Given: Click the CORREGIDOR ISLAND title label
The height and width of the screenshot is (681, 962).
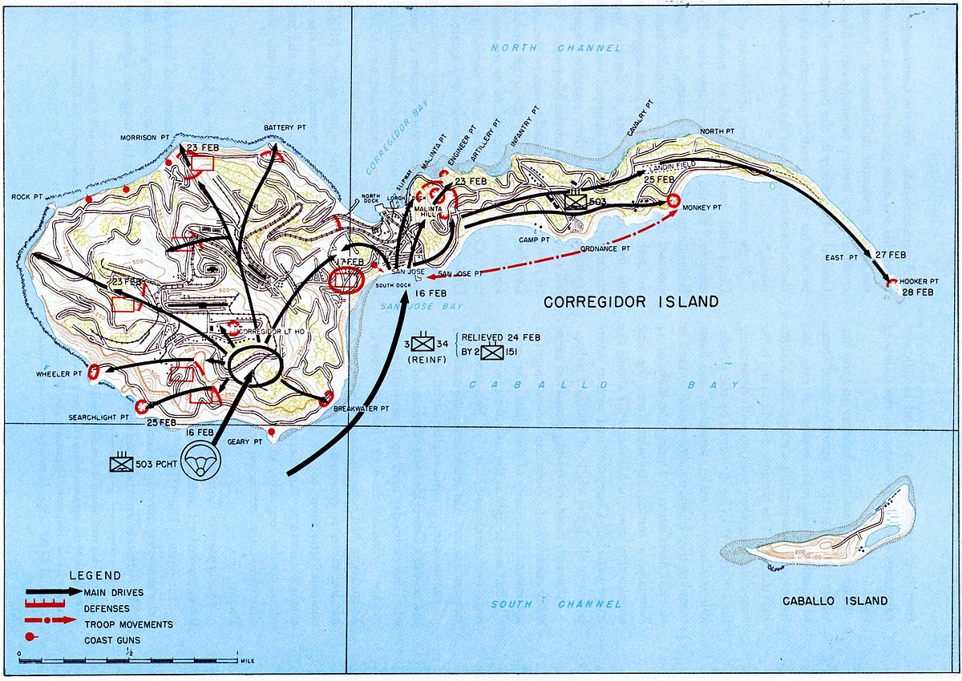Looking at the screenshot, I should [x=631, y=302].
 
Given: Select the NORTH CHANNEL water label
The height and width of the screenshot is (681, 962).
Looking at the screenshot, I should [x=556, y=49].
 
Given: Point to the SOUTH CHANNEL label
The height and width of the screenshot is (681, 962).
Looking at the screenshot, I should [x=556, y=604].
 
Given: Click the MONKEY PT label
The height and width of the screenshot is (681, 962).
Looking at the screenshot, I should [x=704, y=208].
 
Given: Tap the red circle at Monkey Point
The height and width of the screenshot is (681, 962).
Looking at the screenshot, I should [x=673, y=201].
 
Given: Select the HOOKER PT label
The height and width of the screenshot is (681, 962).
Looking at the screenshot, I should [x=918, y=280].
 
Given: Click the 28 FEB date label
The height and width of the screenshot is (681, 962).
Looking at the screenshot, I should [x=916, y=292].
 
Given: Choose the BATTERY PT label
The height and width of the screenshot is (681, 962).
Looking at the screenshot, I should [x=285, y=128].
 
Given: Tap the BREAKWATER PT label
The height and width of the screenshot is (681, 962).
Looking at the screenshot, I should [x=362, y=409].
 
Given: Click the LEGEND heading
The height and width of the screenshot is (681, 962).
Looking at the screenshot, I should [x=95, y=575].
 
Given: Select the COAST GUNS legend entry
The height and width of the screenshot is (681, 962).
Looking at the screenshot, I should [x=117, y=639].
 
